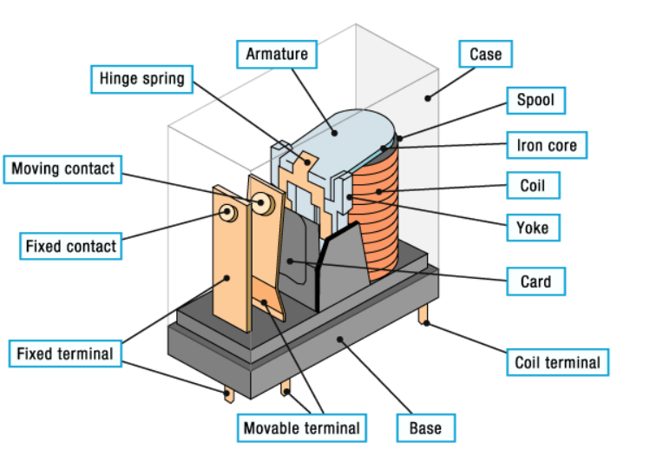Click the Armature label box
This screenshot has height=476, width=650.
[x=277, y=54]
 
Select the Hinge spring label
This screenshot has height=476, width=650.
[x=140, y=79]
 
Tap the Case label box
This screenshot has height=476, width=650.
[x=485, y=55]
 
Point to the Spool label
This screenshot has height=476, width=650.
[x=535, y=100]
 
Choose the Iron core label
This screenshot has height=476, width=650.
[x=547, y=145]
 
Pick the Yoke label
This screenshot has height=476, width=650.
[x=533, y=228]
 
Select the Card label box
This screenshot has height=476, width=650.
[x=535, y=281]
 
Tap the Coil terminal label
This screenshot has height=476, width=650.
[x=557, y=362]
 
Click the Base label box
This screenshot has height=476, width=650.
[x=425, y=427]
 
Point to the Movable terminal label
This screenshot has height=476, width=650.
[x=301, y=427]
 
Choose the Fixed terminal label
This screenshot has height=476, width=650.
[x=65, y=354]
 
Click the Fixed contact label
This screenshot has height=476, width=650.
[x=70, y=247]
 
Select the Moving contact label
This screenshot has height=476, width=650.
[x=63, y=169]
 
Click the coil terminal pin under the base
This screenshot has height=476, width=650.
[x=425, y=314]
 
